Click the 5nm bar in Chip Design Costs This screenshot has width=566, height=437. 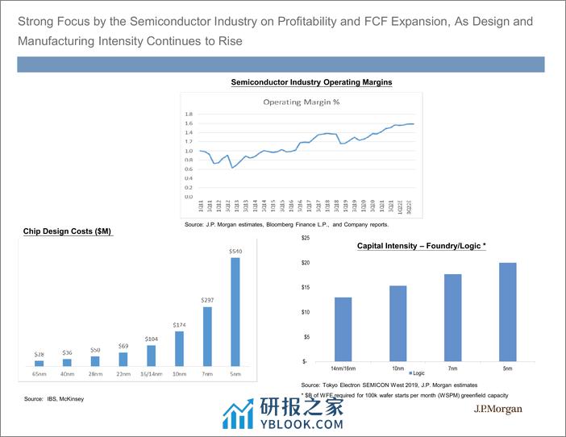pyautogui.click(x=235, y=311)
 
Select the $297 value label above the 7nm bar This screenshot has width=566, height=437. pyautogui.click(x=207, y=300)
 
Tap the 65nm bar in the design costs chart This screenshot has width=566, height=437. pyautogui.click(x=40, y=363)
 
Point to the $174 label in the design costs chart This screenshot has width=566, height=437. pyautogui.click(x=180, y=325)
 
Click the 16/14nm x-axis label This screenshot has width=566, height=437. pyautogui.click(x=152, y=374)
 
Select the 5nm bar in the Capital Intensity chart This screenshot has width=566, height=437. pyautogui.click(x=507, y=312)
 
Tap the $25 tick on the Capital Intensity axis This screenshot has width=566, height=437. pyautogui.click(x=306, y=239)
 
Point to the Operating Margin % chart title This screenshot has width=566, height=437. pyautogui.click(x=302, y=102)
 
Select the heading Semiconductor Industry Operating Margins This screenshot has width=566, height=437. pyautogui.click(x=312, y=82)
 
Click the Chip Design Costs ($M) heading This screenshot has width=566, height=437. pyautogui.click(x=68, y=232)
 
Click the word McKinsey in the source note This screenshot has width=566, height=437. pyautogui.click(x=71, y=399)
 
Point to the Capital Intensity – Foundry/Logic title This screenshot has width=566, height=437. pyautogui.click(x=422, y=246)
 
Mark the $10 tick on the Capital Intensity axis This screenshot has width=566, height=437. pyautogui.click(x=306, y=312)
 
